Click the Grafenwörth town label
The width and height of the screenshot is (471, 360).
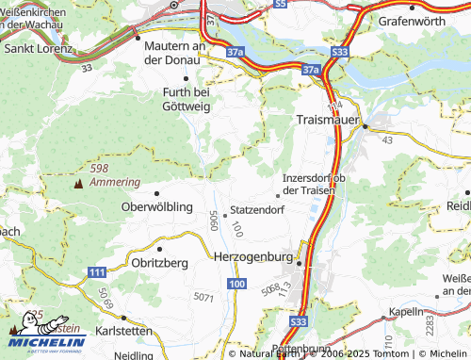point(417,20)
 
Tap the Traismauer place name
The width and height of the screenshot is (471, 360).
point(329,121)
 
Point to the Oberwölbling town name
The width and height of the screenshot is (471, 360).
point(157,206)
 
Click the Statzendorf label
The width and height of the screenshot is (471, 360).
point(257,209)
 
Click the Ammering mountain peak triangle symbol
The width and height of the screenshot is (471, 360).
point(77,182)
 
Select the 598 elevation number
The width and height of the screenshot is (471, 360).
point(99,168)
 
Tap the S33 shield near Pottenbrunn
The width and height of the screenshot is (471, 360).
point(299,322)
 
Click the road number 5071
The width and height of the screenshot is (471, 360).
point(202,297)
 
